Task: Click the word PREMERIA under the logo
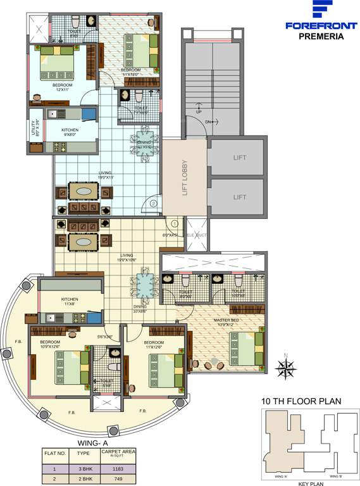(x=321, y=37)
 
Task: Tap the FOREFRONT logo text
(x=321, y=26)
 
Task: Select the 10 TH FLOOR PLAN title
(x=301, y=401)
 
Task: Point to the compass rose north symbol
(x=287, y=365)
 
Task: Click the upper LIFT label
(x=239, y=158)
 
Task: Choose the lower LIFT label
(x=239, y=197)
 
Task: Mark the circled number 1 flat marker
(x=175, y=223)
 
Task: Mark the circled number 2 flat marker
(x=154, y=203)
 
